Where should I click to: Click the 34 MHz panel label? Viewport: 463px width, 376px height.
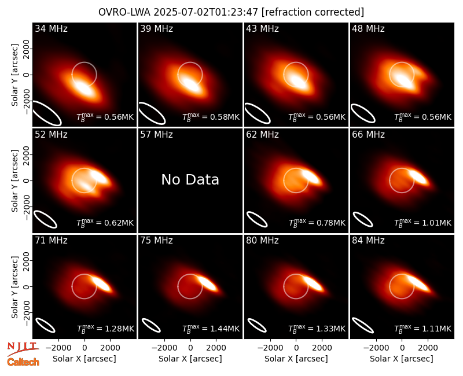[51, 28]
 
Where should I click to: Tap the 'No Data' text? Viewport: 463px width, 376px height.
[190, 179]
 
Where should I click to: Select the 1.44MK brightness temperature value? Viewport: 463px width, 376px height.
[225, 329]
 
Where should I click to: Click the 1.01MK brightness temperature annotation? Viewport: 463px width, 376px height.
[436, 223]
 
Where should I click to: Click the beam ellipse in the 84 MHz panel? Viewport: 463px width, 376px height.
[363, 325]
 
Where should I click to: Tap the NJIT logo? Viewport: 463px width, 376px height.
[23, 348]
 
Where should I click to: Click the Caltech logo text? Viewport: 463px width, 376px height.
[23, 362]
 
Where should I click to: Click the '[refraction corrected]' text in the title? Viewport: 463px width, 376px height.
[313, 12]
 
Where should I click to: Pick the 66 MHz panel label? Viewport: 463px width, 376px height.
[368, 135]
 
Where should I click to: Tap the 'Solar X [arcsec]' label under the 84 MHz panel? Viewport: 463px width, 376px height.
[402, 359]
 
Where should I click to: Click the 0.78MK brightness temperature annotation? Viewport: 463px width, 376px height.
[330, 223]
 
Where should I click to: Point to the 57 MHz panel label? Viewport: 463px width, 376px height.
[156, 135]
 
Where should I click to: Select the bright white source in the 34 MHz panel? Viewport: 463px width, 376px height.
[84, 88]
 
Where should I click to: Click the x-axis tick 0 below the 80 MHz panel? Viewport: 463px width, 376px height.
[296, 348]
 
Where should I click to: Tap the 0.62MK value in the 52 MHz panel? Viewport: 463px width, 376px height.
[119, 223]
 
